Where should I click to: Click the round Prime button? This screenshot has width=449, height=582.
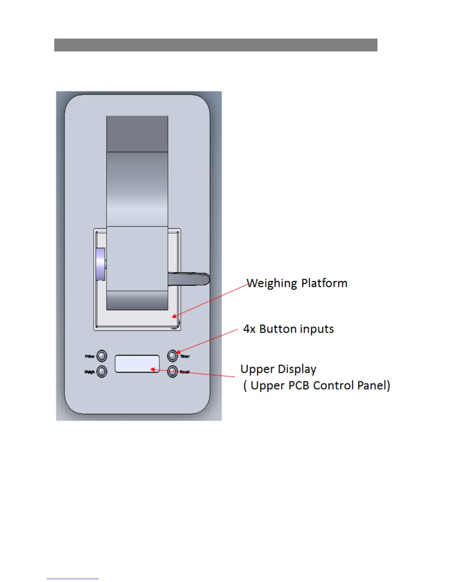coord(102,356)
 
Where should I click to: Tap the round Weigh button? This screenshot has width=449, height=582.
coord(102,371)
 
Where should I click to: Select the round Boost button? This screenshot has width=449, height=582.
coord(172,371)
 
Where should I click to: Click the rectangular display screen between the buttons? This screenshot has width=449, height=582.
coord(137,364)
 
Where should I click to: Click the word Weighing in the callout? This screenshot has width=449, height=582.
coord(272,284)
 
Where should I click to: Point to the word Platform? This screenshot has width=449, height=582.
coord(324,283)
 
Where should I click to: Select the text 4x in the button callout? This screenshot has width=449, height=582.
coord(249,329)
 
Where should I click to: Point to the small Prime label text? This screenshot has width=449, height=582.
coord(90,356)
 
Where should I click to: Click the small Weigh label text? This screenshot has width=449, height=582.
coord(90,372)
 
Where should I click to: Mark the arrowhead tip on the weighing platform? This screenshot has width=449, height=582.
coord(173,316)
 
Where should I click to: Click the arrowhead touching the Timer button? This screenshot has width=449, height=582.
coord(178,352)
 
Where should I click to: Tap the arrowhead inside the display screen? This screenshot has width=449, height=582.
coord(152,369)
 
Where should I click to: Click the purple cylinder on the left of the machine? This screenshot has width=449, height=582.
coord(100,264)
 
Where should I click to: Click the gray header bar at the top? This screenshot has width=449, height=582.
coord(216,45)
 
